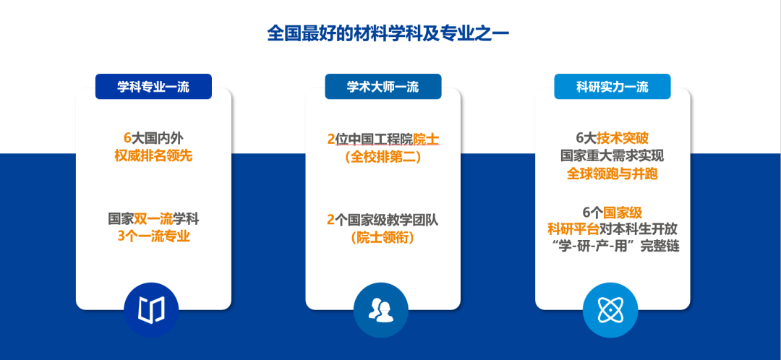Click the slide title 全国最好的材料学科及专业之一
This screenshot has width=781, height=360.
click(x=388, y=34)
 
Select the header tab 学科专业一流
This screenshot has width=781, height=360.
click(x=153, y=87)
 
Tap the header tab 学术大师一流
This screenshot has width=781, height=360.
click(x=383, y=87)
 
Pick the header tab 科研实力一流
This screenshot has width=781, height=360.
click(x=613, y=87)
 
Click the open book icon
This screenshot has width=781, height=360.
click(x=151, y=309)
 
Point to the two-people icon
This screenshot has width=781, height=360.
click(x=380, y=309)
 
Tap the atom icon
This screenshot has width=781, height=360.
click(x=610, y=309)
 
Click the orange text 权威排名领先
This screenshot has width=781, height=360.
click(x=153, y=156)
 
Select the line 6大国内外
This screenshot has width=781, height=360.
click(x=153, y=138)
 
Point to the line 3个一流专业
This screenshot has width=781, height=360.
click(x=153, y=236)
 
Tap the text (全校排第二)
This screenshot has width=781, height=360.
click(x=383, y=158)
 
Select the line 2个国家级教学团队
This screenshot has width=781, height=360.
click(x=383, y=220)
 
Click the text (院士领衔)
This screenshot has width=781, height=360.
click(x=383, y=238)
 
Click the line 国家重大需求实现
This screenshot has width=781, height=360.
click(x=613, y=156)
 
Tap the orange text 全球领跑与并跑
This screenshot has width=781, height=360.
click(x=613, y=173)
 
